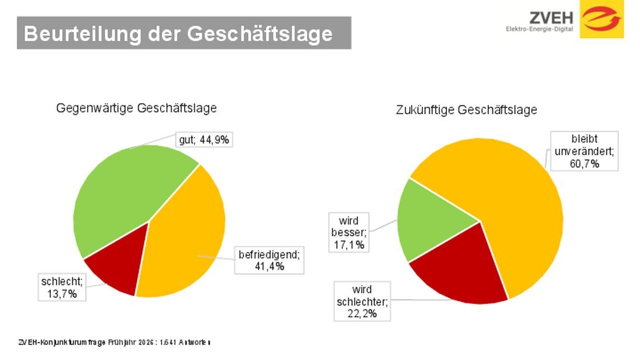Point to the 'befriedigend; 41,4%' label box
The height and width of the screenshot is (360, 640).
coord(269,260)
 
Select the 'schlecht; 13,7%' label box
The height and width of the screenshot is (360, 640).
coord(62,287)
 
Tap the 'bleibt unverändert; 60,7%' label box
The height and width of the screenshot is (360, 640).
coord(585,151)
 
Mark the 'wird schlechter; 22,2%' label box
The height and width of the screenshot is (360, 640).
coord(362,301)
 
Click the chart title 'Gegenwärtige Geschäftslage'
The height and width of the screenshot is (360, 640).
coord(136,108)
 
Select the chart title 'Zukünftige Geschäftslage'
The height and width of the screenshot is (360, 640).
coord(466,110)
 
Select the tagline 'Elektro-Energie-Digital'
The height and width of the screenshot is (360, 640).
coord(539,29)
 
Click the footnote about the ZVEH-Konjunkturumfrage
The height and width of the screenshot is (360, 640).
coord(115,342)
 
